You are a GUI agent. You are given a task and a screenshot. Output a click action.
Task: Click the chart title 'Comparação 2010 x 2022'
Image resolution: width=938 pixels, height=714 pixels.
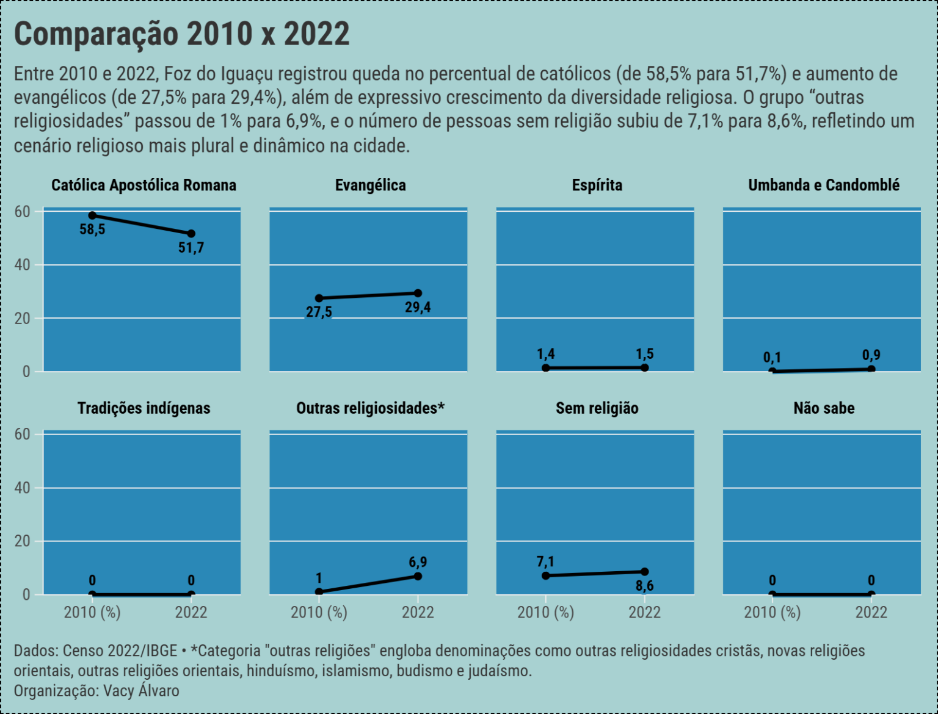[x=181, y=34]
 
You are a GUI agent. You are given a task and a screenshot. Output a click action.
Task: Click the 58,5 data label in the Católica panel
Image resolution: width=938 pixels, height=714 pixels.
[x=92, y=230]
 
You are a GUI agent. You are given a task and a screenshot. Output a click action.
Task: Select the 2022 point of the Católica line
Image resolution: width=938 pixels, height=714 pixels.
[x=191, y=234]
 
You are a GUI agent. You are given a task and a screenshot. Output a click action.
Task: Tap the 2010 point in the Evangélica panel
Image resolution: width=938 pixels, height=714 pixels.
[x=319, y=298]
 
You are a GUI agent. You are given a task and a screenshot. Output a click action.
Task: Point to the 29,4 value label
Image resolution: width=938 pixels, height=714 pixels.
[x=418, y=308]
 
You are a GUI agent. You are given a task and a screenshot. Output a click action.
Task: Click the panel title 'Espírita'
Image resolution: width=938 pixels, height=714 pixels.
[x=597, y=186]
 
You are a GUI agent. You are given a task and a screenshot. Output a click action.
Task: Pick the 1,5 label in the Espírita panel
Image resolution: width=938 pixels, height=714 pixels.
[x=644, y=354]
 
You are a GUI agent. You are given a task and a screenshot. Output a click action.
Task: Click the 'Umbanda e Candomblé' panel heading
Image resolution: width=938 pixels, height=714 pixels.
[x=823, y=186]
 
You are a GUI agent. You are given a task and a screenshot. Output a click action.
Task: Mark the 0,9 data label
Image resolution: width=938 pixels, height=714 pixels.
[x=871, y=355]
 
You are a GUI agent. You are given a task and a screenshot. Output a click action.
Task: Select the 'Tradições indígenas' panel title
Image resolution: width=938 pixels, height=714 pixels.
[x=144, y=408]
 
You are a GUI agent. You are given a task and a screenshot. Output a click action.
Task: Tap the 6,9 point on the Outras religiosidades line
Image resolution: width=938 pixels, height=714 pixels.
[x=418, y=576]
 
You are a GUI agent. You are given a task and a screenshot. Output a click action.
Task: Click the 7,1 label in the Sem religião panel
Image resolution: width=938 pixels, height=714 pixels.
[x=545, y=561]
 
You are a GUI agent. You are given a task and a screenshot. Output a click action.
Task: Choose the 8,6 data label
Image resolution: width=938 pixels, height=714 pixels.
[x=644, y=586]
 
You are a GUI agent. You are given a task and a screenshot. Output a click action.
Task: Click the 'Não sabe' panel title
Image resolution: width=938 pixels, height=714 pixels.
[x=824, y=408]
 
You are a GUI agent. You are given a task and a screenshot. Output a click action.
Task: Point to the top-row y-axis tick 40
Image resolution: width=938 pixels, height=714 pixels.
[x=23, y=265]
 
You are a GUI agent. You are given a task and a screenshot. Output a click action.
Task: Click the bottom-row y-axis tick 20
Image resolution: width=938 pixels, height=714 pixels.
[x=23, y=541]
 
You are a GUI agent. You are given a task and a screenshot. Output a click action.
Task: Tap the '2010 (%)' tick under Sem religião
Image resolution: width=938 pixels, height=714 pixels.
[x=545, y=612]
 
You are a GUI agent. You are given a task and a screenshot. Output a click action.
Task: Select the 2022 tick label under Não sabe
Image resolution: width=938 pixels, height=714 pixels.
[x=871, y=612]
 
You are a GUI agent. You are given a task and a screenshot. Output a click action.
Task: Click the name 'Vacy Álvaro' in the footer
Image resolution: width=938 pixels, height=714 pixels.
[x=141, y=691]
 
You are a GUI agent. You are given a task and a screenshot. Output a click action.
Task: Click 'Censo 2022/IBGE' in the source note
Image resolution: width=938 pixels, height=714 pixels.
[x=120, y=651]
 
